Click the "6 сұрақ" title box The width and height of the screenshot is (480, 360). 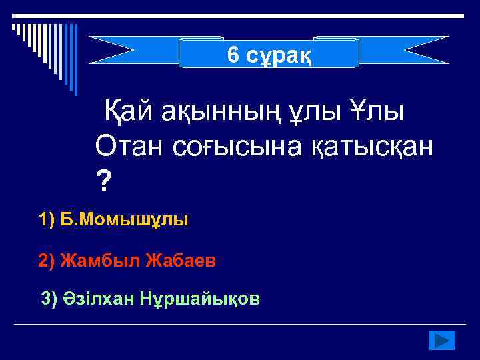(x=269, y=53)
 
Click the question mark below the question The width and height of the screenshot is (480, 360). (x=103, y=180)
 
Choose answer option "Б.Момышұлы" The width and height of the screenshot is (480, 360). (x=124, y=219)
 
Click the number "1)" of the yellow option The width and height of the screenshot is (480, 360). (x=47, y=219)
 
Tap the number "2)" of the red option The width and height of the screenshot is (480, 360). (x=47, y=261)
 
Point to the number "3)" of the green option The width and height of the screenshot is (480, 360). (x=50, y=299)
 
